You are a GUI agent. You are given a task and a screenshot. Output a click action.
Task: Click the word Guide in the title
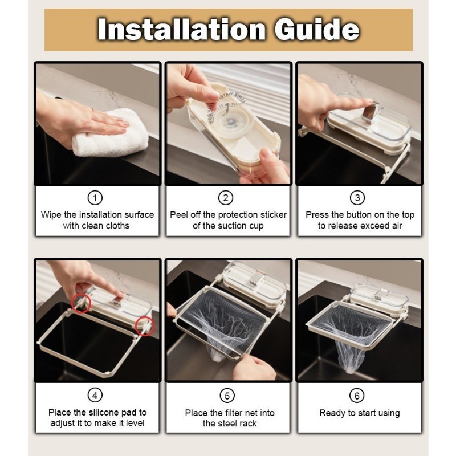coord(317,30)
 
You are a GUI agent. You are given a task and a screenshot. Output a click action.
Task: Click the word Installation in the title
coord(181,29)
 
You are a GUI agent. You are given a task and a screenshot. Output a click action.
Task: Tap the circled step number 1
coord(95,198)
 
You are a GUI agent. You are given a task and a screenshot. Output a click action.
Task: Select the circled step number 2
coord(226,198)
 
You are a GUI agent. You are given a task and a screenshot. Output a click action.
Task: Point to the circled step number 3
coord(357,198)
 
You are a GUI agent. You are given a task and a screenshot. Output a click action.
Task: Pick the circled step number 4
coord(95,396)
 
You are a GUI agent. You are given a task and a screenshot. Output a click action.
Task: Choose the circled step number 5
coord(227,396)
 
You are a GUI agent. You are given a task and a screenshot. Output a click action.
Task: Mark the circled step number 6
coord(357,396)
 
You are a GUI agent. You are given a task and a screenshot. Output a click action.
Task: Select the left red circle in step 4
coord(81,303)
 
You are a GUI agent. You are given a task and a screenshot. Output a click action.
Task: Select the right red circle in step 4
coord(145,326)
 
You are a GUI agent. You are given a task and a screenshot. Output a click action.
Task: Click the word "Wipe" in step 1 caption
coord(51,215)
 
